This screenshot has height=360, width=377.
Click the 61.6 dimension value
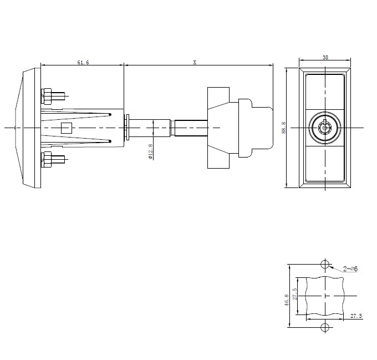tap(83, 63)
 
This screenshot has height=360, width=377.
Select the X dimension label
tap(195, 63)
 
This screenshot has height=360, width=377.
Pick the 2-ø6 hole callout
tap(350, 269)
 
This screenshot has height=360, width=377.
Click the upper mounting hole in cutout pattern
tap(325, 263)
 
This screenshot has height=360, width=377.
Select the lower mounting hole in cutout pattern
tap(325, 327)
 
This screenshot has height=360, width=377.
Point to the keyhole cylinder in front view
tap(324, 127)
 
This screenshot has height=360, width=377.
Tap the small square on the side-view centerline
tap(65, 128)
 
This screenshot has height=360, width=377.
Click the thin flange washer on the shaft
tap(128, 128)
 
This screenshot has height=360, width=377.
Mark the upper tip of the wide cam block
tap(218, 89)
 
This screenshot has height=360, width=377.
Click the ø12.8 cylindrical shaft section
tap(152, 128)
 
